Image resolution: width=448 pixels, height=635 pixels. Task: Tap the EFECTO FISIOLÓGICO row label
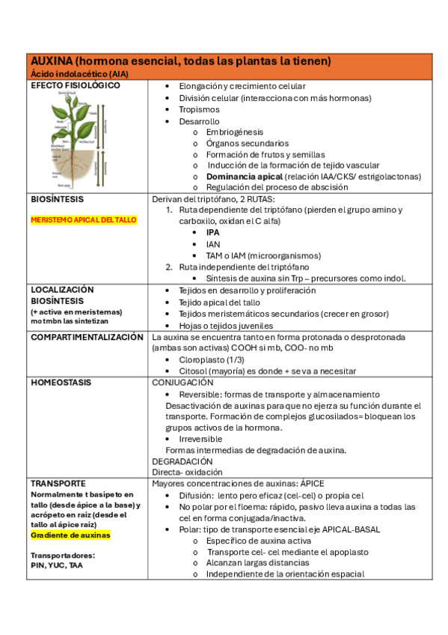coord(76,86)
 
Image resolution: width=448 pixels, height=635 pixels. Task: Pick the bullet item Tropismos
coord(199,109)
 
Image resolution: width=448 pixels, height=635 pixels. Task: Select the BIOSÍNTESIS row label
coord(58,200)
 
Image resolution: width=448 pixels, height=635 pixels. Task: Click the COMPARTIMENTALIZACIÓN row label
coord(87,337)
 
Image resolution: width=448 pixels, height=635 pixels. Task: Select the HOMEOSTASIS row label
coord(61,383)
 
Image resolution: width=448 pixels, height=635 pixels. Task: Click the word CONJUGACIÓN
coord(184,383)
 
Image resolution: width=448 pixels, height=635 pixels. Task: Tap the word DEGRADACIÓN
coord(182,461)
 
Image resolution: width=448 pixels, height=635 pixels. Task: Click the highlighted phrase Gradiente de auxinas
coord(70,535)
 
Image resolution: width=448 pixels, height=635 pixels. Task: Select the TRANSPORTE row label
coord(58,484)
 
